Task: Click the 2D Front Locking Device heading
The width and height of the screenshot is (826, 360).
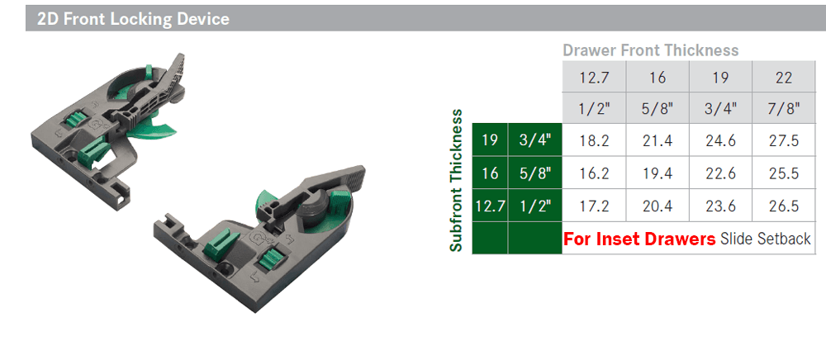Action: (133, 20)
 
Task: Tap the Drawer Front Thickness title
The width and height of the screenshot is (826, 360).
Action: (651, 50)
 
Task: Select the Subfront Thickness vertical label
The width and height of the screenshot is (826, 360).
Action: (457, 181)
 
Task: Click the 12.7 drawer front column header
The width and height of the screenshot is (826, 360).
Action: (594, 78)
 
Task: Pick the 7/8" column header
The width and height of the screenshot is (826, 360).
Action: (784, 108)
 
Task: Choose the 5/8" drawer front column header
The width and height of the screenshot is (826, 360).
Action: (657, 108)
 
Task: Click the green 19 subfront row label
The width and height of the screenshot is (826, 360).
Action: (490, 140)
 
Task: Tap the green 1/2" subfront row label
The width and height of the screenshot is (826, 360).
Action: (535, 206)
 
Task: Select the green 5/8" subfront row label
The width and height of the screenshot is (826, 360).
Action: (535, 173)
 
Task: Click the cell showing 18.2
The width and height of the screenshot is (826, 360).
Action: (594, 140)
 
